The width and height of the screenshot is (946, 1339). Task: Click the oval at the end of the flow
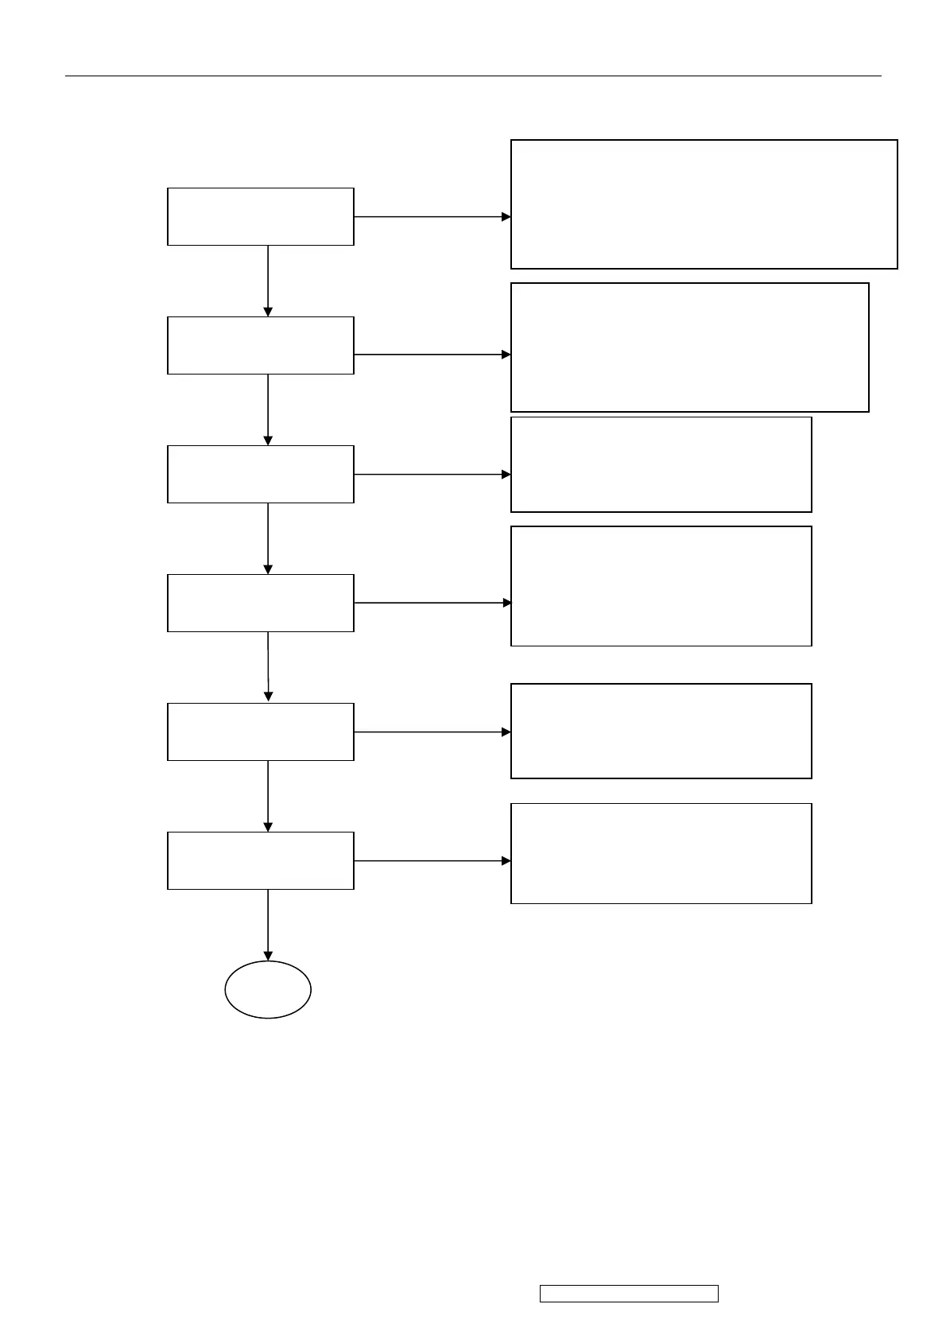coord(268,989)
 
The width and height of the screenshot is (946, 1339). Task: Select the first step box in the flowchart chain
coord(260,216)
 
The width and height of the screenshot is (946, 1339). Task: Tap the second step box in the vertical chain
coord(260,345)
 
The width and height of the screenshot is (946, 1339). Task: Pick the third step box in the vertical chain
coord(260,474)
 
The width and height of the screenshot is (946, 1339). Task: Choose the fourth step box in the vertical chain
coord(260,603)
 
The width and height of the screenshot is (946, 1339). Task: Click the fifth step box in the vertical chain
coord(260,732)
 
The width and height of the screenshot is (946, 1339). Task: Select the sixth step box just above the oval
coord(260,860)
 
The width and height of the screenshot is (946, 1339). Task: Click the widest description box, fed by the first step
coord(704,204)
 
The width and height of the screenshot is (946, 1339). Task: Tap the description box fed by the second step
coord(689,347)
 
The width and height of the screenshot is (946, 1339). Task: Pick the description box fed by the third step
coord(661,464)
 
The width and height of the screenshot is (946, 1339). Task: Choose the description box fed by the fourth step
coord(661,586)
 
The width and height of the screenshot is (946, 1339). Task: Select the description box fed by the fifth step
coord(661,731)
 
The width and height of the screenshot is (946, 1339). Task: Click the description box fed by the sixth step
coord(661,853)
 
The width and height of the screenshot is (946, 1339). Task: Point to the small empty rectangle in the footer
coord(629,1293)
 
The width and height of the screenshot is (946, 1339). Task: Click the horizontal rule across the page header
coord(473,76)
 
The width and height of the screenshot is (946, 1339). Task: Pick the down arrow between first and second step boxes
coord(268,281)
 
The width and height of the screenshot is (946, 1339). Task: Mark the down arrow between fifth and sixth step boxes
coord(268,796)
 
